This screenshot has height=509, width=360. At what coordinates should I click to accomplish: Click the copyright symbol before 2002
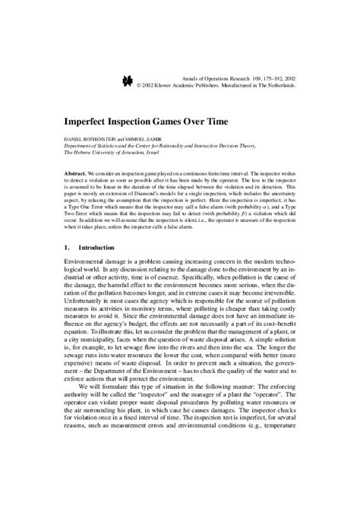coord(139,86)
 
